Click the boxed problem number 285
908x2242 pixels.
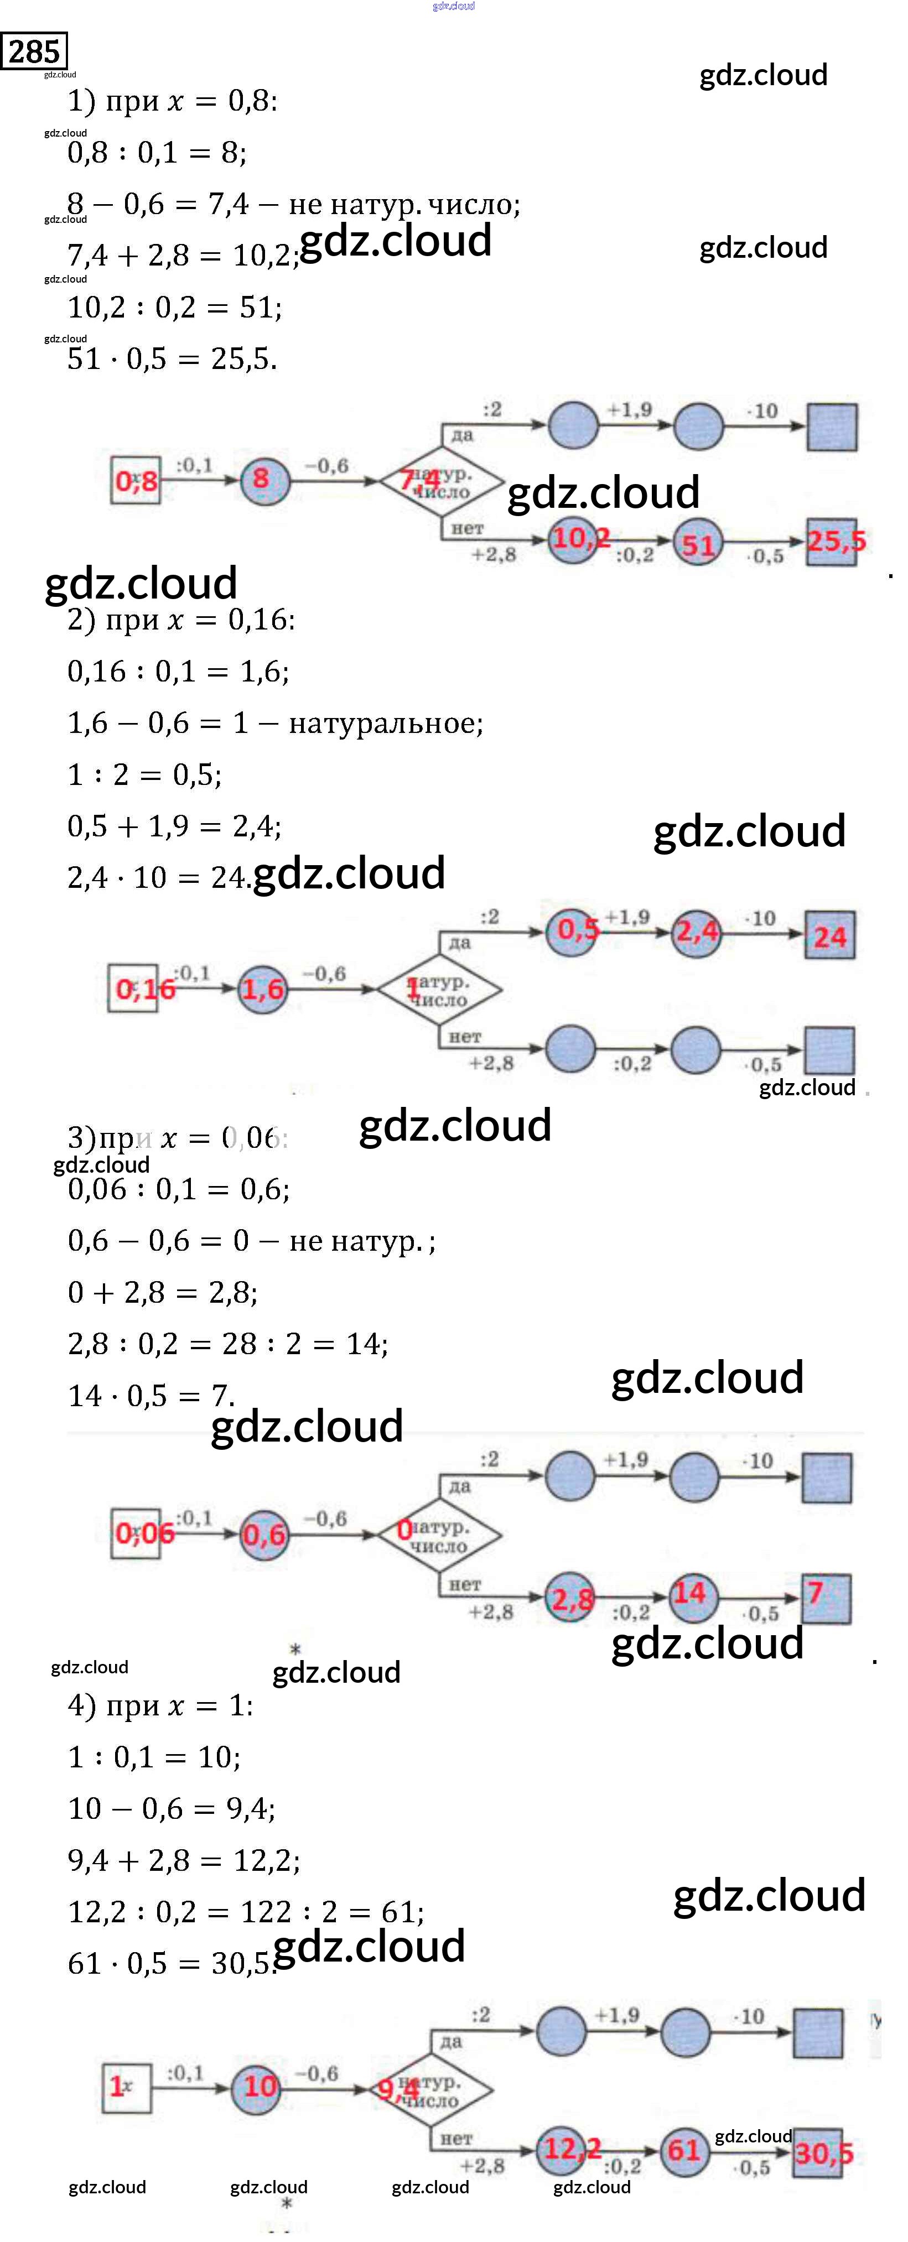coord(34,51)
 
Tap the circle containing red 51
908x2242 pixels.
coord(698,544)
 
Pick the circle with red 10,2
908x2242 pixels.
coord(574,539)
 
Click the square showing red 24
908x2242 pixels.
coord(829,935)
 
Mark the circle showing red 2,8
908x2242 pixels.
coord(571,1598)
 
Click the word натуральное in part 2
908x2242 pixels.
coord(385,723)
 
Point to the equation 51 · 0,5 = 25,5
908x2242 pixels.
coord(173,358)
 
